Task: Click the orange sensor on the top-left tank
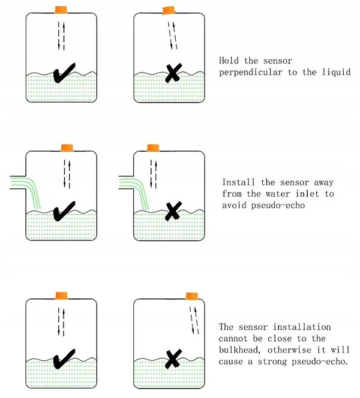[62, 10]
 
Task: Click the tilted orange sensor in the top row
[169, 10]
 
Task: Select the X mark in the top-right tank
[172, 73]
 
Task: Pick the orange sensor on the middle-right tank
[153, 147]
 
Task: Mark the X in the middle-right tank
[172, 210]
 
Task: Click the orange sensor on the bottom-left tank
[61, 296]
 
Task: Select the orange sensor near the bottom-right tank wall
[191, 296]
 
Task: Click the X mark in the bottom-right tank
[173, 359]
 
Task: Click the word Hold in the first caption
[230, 61]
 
